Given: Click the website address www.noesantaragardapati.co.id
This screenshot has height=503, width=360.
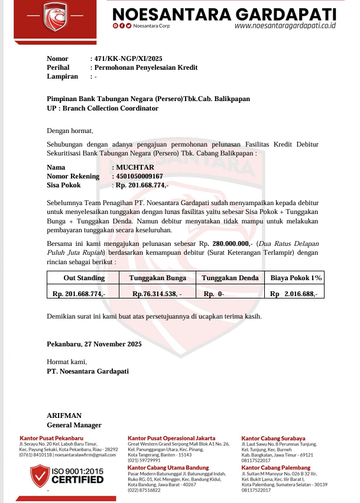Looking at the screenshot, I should tap(285, 26).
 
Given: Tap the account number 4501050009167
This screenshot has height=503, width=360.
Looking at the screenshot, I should tap(140, 176).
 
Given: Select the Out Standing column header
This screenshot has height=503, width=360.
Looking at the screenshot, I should tap(84, 278).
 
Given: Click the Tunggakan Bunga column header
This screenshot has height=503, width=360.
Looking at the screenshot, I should tap(157, 278).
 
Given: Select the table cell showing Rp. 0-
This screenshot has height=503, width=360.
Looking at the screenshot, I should tap(214, 293).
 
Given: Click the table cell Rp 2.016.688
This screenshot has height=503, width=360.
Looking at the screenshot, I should tap(294, 293).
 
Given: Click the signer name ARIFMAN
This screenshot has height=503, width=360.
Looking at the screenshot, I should tap(64, 416).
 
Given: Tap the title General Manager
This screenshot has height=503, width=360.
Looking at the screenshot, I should tap(74, 425).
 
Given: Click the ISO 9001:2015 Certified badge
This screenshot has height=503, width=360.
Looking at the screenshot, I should tap(67, 475).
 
